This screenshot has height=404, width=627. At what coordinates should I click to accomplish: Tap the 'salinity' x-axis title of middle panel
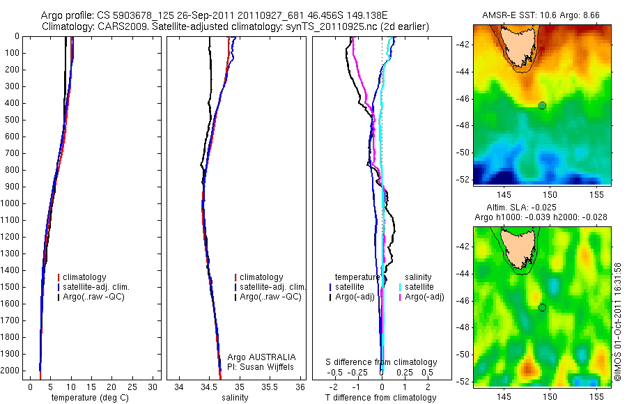click(x=234, y=398)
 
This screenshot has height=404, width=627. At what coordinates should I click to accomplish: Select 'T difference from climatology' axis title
click(x=381, y=398)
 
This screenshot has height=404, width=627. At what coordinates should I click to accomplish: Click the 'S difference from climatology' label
click(x=382, y=362)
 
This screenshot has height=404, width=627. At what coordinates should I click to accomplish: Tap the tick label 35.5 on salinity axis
click(x=271, y=387)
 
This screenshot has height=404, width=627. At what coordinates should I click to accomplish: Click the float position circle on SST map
click(x=542, y=105)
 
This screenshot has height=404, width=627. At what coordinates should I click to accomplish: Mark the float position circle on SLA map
click(x=542, y=307)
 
